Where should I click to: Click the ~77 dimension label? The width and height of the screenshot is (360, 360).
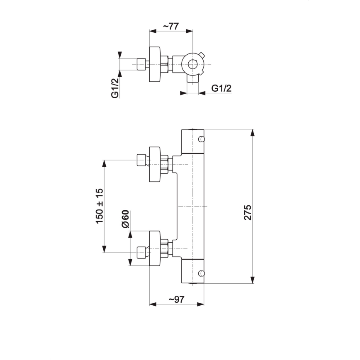click(170, 26)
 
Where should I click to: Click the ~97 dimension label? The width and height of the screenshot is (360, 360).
click(176, 299)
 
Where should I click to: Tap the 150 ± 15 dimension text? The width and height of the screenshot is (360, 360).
click(100, 206)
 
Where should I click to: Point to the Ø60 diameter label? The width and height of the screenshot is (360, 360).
click(126, 219)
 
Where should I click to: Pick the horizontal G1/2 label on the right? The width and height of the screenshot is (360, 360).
click(221, 88)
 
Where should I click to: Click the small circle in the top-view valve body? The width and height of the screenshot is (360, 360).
click(192, 64)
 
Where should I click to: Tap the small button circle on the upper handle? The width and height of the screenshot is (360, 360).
click(201, 139)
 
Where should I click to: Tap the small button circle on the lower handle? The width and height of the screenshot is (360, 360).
click(201, 273)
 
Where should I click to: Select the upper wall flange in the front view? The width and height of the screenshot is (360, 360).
click(155, 164)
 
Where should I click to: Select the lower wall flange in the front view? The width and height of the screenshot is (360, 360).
click(155, 248)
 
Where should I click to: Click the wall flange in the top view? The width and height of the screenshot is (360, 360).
click(155, 64)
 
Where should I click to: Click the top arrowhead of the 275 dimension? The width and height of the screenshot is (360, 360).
click(253, 132)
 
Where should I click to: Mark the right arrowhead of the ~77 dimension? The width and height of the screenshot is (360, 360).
click(190, 31)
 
